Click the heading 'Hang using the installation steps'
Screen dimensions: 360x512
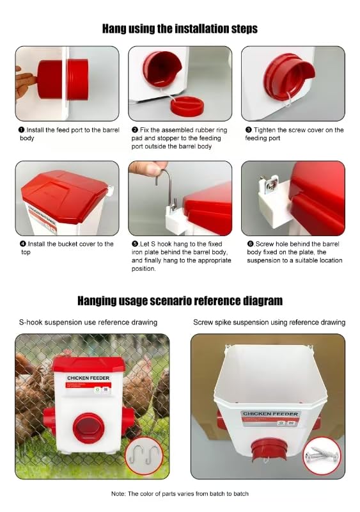(180, 29)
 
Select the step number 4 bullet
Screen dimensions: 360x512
(23, 244)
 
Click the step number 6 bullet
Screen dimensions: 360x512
(250, 244)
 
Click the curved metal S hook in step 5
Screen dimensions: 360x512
(166, 187)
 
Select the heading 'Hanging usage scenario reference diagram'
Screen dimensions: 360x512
(180, 301)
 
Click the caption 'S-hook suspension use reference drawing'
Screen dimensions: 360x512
(88, 323)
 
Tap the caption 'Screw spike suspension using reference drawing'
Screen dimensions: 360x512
(269, 323)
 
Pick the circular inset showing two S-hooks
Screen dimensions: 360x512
(144, 456)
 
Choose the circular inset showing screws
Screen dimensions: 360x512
(322, 456)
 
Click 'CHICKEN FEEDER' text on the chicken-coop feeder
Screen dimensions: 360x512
(88, 378)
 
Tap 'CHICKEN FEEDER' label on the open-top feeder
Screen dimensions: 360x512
(270, 413)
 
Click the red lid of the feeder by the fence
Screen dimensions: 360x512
(88, 364)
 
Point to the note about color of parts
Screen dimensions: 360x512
(180, 493)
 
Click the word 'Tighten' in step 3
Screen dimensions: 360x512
(265, 130)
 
